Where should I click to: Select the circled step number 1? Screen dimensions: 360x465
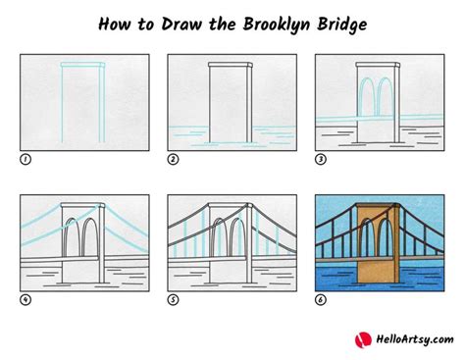click(25, 158)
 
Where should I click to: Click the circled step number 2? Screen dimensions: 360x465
click(173, 158)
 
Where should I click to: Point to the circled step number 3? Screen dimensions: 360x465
click(320, 158)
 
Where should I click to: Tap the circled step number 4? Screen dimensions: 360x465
click(25, 299)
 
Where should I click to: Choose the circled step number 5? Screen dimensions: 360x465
click(173, 299)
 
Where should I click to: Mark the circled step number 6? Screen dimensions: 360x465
click(320, 299)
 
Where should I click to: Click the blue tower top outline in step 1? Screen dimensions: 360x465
click(81, 66)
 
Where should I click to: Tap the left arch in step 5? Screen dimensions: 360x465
click(220, 239)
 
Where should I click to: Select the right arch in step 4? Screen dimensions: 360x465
click(88, 239)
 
